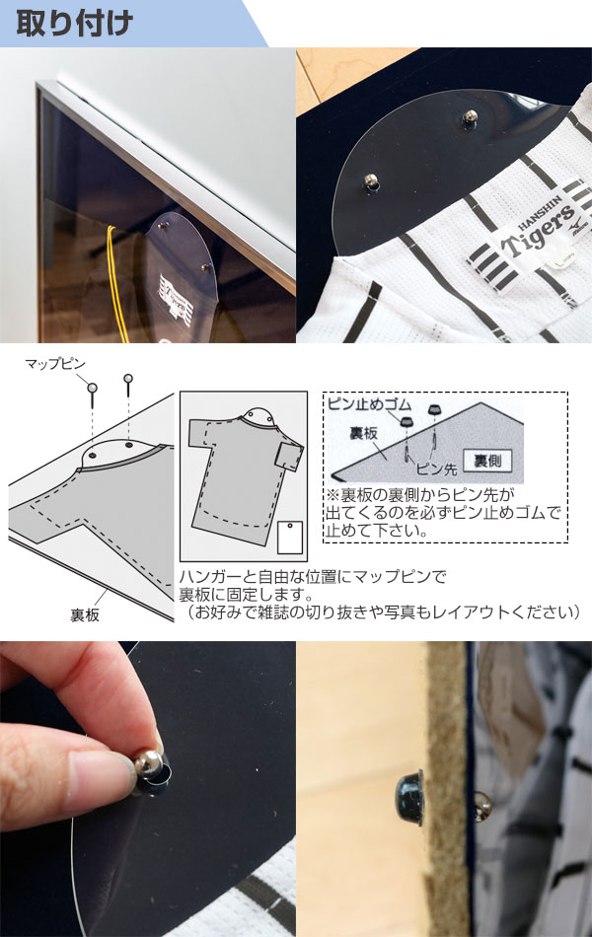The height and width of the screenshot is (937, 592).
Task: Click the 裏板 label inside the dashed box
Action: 359,432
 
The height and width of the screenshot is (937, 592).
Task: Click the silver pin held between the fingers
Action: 148,762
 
